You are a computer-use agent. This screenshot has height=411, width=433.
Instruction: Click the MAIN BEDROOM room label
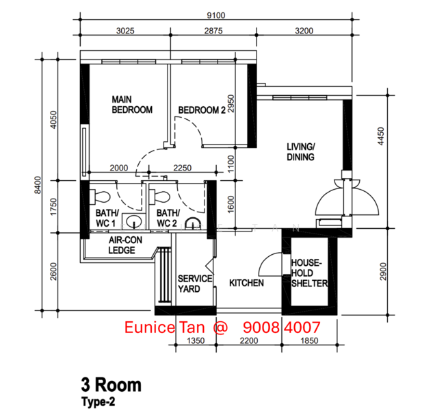(132, 105)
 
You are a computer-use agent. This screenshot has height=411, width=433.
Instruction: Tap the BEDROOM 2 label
(202, 110)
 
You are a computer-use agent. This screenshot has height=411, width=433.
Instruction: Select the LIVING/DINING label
(301, 151)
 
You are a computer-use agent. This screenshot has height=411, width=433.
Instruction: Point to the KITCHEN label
(246, 283)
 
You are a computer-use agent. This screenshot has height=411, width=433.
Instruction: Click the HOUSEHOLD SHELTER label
(309, 273)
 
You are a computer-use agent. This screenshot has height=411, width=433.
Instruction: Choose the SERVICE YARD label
(195, 284)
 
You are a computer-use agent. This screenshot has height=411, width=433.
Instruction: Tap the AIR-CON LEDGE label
(125, 245)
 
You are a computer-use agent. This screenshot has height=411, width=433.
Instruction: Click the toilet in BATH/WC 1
(100, 197)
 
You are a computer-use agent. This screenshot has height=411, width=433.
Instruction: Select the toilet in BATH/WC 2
(159, 197)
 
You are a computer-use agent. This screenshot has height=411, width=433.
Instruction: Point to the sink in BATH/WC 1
(133, 221)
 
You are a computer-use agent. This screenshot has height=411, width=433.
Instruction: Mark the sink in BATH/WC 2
(192, 223)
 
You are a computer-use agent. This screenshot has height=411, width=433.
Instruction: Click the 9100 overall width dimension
(216, 15)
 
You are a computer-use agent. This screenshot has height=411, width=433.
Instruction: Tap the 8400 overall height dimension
(38, 185)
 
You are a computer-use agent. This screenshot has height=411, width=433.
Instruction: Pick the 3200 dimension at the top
(304, 30)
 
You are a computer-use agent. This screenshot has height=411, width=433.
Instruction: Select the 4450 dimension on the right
(380, 136)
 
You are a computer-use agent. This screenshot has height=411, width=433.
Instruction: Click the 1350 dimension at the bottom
(196, 340)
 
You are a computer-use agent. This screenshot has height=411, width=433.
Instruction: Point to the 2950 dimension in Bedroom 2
(231, 103)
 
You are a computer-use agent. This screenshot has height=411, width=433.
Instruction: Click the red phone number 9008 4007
(282, 327)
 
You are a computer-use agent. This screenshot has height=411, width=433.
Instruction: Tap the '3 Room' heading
(111, 385)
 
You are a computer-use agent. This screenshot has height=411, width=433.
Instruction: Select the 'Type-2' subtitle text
(99, 401)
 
